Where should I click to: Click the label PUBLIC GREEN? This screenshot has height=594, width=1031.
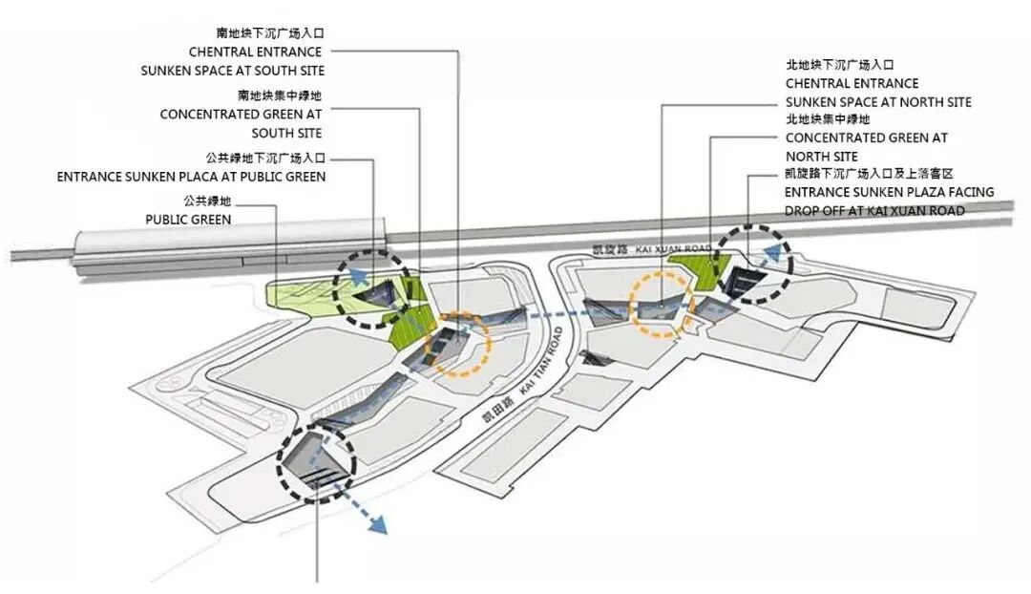point(188,219)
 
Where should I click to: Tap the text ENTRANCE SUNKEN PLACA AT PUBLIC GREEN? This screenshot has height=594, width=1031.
point(191,177)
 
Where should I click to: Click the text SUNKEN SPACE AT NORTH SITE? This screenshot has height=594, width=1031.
point(878,102)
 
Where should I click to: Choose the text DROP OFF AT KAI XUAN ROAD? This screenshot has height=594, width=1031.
point(874,210)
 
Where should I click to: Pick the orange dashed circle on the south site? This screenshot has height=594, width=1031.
point(456,346)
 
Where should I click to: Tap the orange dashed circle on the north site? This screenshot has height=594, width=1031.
point(663,304)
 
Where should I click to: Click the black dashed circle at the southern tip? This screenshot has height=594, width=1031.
point(317,463)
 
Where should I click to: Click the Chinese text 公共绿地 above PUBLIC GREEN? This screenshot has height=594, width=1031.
point(207,201)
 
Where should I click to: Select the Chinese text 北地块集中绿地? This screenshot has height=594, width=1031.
point(828,119)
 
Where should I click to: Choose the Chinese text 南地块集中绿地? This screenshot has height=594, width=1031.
point(280,95)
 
